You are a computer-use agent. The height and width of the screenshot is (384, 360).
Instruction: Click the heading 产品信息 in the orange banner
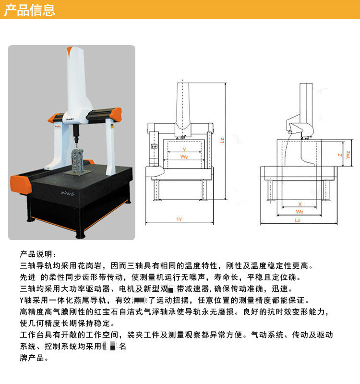[x=29, y=10]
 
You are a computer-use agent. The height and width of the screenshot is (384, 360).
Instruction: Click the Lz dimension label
[x=222, y=141]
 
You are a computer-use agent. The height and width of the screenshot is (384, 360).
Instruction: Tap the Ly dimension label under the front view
[x=179, y=219]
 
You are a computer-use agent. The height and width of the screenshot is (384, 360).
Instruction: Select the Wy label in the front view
[x=184, y=157]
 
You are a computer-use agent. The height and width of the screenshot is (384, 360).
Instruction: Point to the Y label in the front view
[x=184, y=150]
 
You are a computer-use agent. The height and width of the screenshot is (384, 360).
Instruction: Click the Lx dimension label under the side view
[x=298, y=220]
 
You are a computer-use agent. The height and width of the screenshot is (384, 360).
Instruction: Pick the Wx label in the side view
[x=300, y=211]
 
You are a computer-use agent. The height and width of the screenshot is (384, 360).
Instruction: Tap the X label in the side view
[x=300, y=204]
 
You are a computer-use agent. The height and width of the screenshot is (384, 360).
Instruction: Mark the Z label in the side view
[x=339, y=155]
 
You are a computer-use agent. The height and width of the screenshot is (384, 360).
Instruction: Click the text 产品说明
[x=38, y=254]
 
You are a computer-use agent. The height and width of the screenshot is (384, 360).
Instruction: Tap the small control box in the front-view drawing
[x=154, y=146]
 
